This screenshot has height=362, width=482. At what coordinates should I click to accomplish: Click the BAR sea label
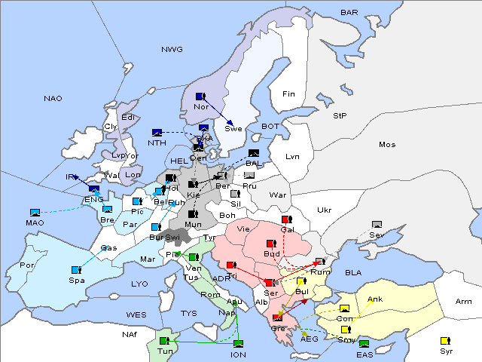349,13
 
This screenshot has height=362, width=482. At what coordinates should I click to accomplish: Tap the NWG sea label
172,50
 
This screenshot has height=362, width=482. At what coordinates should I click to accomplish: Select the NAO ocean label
53,99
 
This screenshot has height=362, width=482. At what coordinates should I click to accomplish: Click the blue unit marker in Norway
200,97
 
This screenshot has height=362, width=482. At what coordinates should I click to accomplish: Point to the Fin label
288,94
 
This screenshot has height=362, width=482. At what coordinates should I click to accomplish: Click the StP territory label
340,116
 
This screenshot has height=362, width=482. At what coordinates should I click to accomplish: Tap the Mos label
387,144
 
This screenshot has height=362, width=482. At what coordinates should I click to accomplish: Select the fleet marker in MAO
35,213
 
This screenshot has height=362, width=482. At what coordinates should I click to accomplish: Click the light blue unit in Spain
75,269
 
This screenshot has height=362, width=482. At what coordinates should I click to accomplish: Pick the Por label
28,265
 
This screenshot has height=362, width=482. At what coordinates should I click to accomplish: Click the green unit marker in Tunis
165,341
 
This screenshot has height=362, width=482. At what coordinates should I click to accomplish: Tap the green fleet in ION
238,344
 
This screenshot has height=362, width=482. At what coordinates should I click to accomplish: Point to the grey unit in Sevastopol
377,225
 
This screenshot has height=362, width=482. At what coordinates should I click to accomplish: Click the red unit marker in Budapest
271,244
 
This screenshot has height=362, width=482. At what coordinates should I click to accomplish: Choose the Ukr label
325,210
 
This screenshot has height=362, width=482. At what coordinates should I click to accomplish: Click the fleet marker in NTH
157,133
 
